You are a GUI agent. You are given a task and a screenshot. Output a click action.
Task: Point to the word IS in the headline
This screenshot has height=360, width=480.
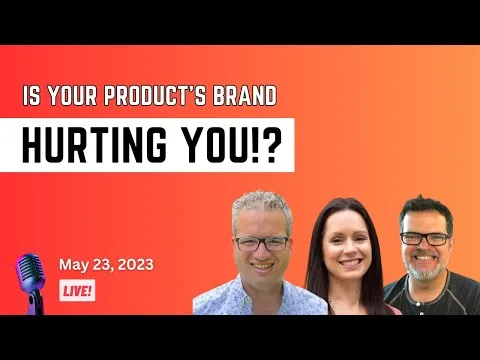33,98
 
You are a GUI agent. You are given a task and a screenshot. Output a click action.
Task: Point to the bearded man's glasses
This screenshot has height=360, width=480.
425,238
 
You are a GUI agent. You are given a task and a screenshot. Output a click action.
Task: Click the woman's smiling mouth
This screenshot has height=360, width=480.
346,266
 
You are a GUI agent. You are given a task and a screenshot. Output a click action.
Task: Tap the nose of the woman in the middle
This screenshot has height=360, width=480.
345,251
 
